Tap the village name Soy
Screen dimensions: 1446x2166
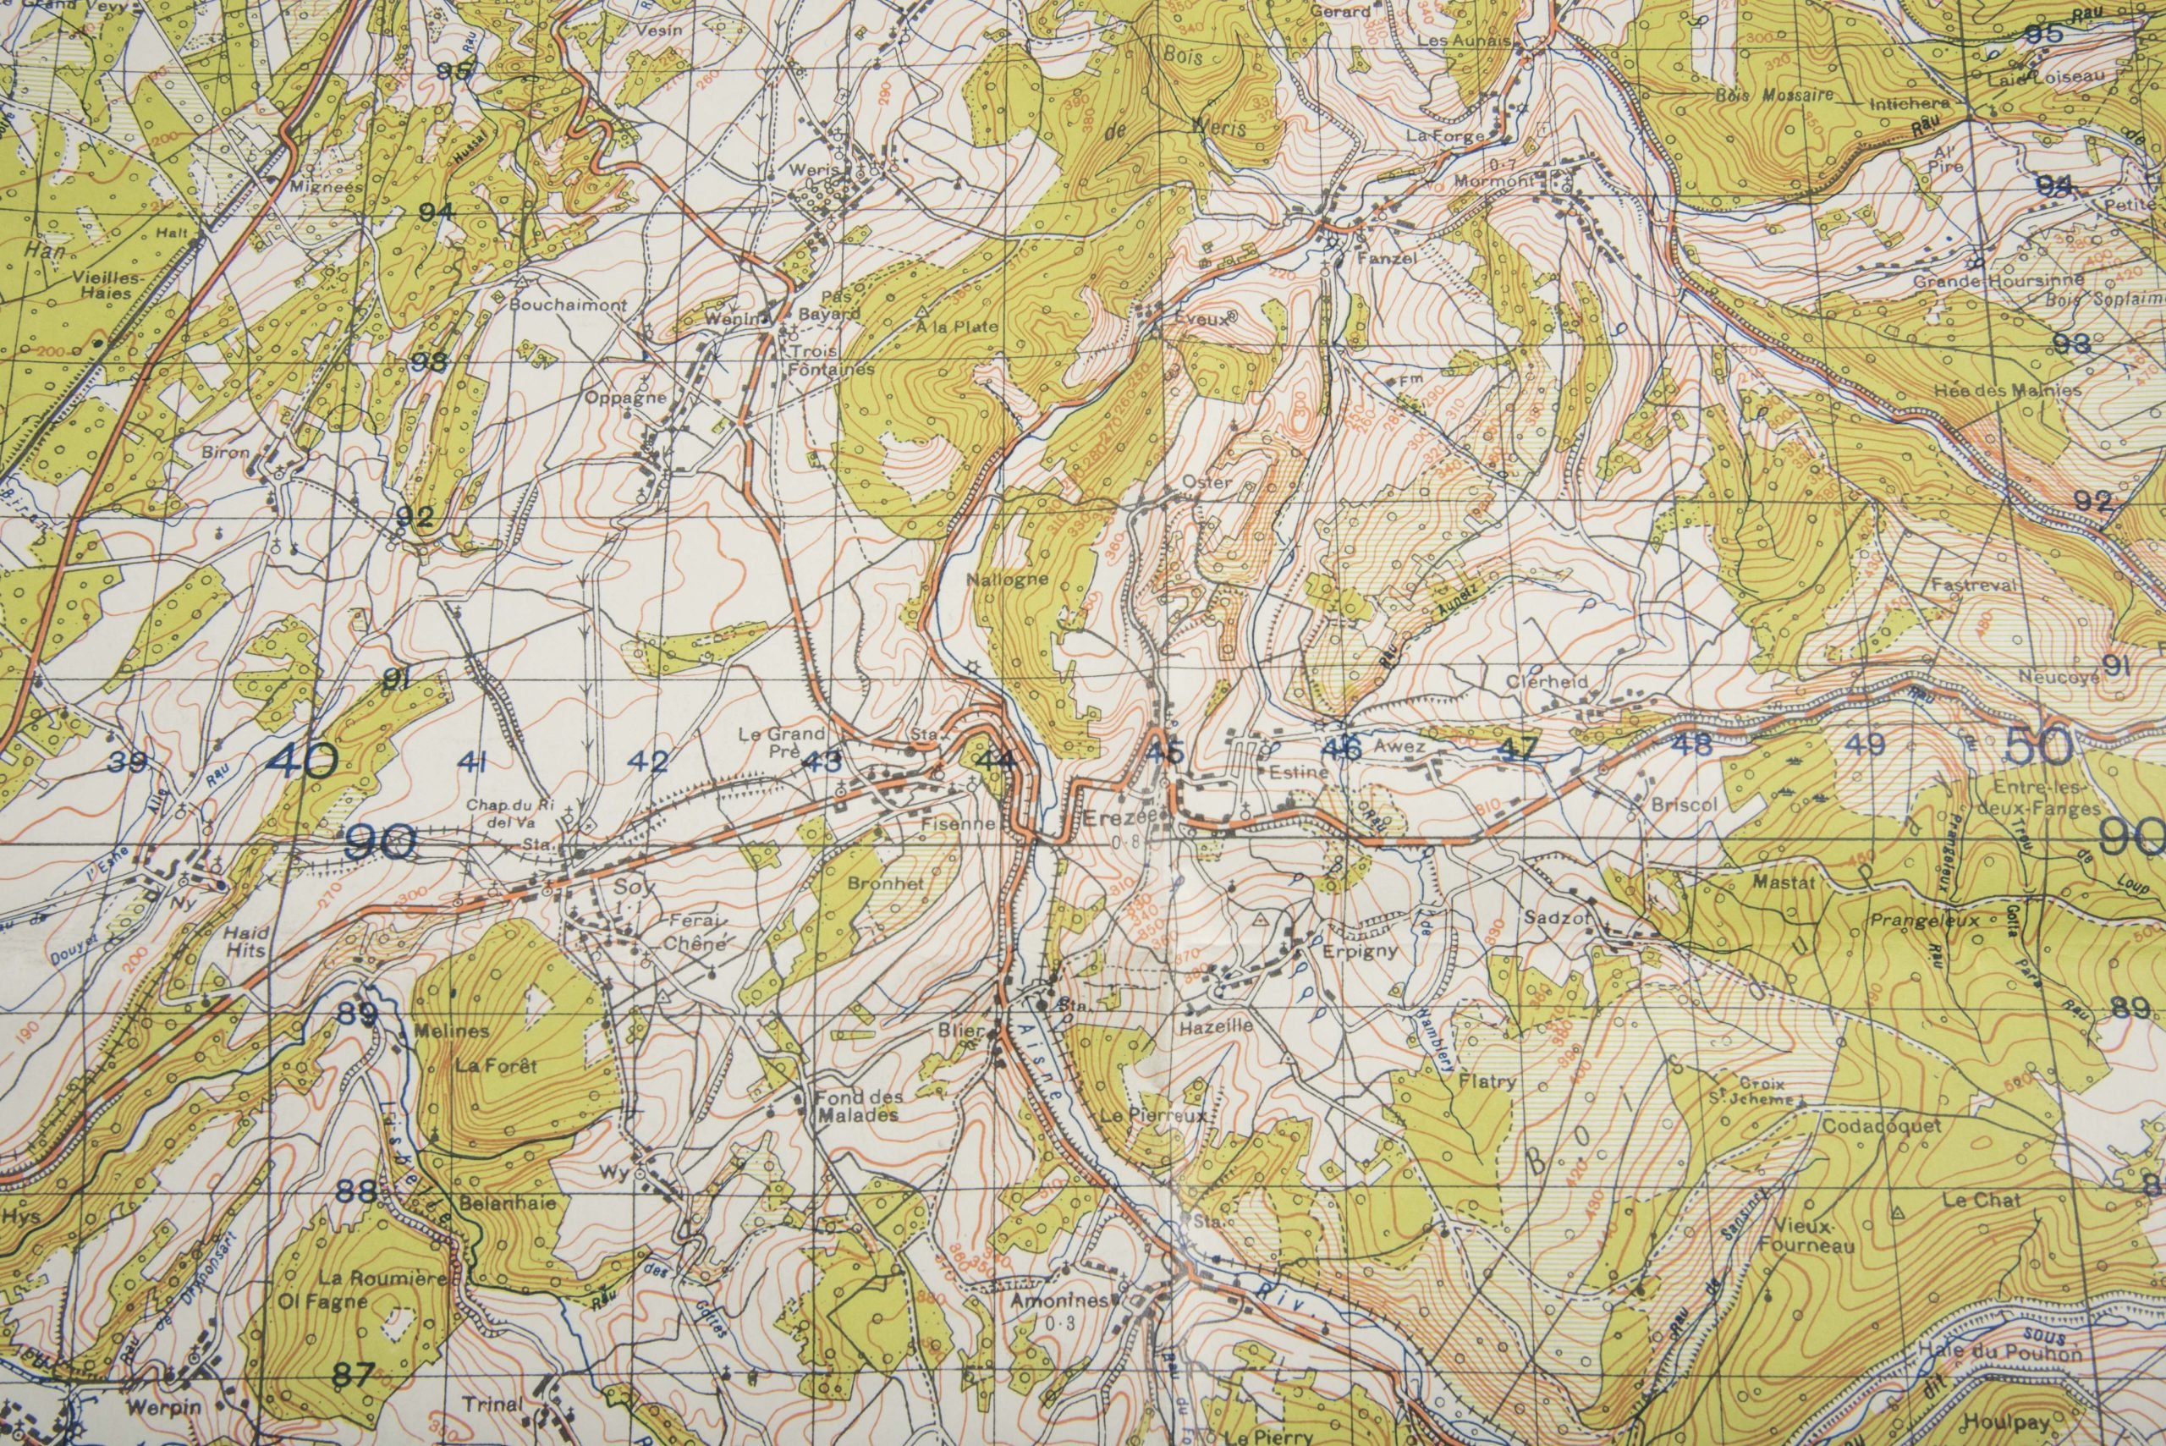coord(635,888)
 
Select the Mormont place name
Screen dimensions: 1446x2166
coord(1494,181)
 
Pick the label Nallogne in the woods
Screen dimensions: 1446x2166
coord(1007,580)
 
